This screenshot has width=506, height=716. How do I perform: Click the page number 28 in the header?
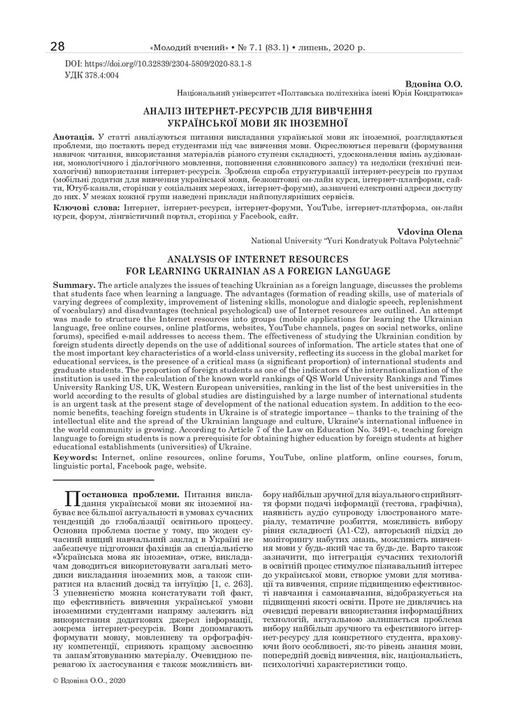(57, 47)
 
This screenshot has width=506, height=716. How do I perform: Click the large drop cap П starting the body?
(71, 499)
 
